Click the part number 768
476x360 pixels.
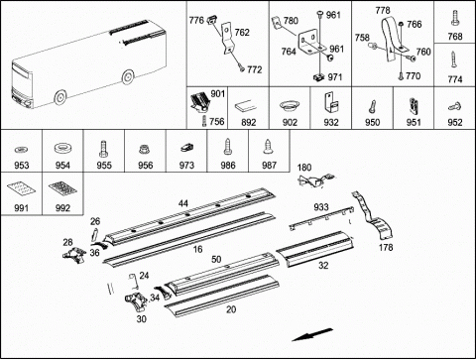455,37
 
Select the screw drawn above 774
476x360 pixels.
454,60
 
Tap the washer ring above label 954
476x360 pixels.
62,148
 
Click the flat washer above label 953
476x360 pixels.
22,150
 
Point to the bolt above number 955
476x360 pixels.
103,149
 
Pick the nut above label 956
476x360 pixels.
145,150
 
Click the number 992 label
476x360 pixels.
62,208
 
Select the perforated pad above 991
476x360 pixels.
21,188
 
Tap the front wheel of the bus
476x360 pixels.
60,97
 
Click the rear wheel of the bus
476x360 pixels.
128,77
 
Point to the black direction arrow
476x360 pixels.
312,334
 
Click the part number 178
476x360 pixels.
386,247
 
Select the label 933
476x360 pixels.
321,207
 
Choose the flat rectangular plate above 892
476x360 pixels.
246,106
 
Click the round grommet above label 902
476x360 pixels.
290,106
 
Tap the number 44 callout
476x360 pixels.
183,203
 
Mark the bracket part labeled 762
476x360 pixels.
227,38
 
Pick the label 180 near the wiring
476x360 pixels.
304,168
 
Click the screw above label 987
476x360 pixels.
268,148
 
